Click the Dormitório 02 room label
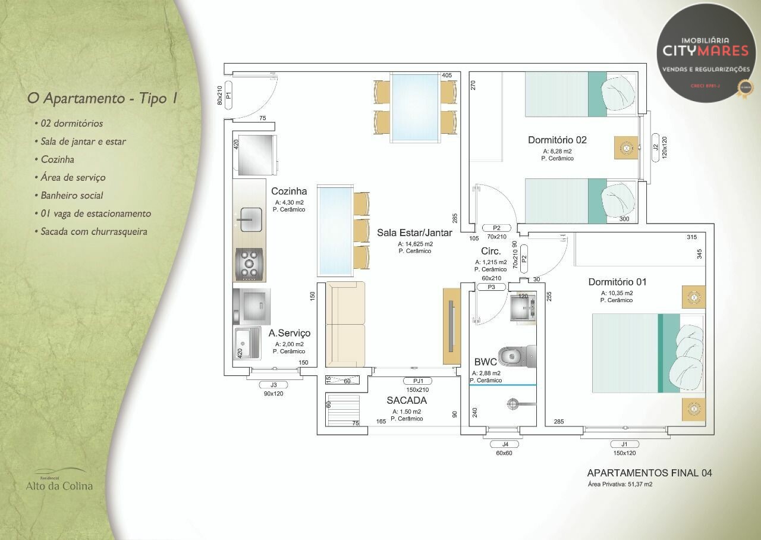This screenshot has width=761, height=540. pyautogui.click(x=557, y=140)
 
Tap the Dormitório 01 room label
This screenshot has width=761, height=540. pyautogui.click(x=617, y=282)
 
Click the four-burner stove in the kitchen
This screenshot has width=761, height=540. pyautogui.click(x=249, y=265)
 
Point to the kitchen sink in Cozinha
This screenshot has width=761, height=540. pyautogui.click(x=250, y=220)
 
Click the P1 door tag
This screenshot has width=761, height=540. pyautogui.click(x=228, y=95)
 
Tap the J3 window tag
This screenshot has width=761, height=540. pyautogui.click(x=273, y=385)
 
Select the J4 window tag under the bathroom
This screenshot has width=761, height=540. pyautogui.click(x=505, y=444)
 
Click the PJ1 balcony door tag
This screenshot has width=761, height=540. pyautogui.click(x=418, y=381)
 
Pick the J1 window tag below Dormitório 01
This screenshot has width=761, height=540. pyautogui.click(x=624, y=444)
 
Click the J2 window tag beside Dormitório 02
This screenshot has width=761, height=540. pyautogui.click(x=655, y=147)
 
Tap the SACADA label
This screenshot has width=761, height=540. pyautogui.click(x=407, y=401)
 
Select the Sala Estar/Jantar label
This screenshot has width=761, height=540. pyautogui.click(x=414, y=233)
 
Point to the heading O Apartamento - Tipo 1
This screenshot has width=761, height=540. pyautogui.click(x=102, y=98)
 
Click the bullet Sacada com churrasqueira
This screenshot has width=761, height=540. pyautogui.click(x=94, y=231)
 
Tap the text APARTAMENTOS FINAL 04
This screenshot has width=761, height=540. pyautogui.click(x=649, y=473)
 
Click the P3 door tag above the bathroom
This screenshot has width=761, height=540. pyautogui.click(x=491, y=287)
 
